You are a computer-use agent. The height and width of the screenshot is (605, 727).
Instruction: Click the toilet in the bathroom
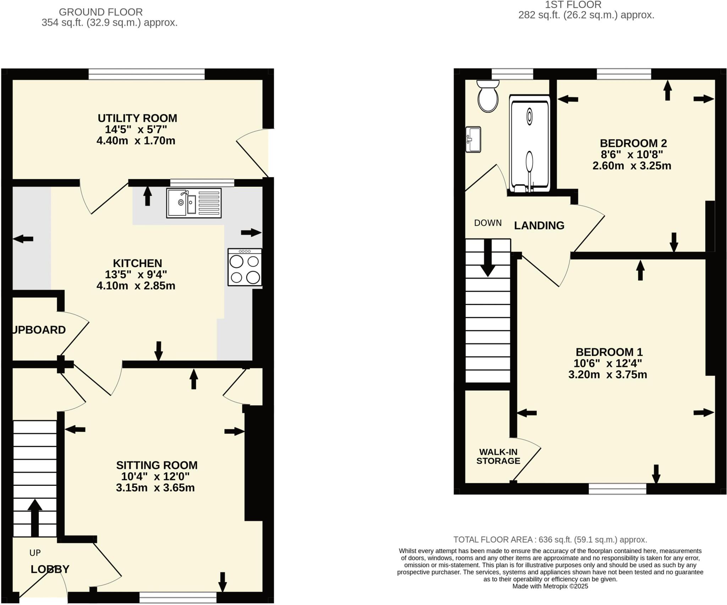(x=488, y=97)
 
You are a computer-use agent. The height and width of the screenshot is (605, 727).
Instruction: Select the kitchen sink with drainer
(x=194, y=203)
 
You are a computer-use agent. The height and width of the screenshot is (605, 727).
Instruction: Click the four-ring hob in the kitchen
(x=245, y=267)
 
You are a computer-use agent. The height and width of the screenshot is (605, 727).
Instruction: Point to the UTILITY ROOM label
(x=137, y=118)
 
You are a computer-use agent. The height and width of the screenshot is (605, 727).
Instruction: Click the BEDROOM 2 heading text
(x=633, y=143)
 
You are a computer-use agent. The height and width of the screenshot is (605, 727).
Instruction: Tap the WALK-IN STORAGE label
(x=498, y=456)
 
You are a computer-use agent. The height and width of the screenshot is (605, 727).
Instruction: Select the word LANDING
(x=539, y=226)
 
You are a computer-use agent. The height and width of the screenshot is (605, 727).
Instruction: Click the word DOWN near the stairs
(x=488, y=223)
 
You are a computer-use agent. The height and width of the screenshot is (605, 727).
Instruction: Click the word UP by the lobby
(x=35, y=553)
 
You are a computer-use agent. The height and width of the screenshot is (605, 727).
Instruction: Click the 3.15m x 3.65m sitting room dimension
(x=155, y=488)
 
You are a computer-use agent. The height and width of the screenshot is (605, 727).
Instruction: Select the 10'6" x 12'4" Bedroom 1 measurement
(x=608, y=363)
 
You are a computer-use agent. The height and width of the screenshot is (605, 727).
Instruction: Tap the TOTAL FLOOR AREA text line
(x=550, y=540)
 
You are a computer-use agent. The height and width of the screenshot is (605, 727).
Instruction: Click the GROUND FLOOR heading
(x=101, y=12)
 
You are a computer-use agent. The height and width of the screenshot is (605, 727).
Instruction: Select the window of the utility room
(x=147, y=74)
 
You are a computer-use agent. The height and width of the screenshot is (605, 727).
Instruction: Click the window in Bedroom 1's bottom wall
(x=617, y=489)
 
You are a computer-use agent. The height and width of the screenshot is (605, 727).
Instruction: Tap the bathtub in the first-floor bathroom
(x=529, y=144)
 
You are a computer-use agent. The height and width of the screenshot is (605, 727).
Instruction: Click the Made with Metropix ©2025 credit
(x=550, y=586)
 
